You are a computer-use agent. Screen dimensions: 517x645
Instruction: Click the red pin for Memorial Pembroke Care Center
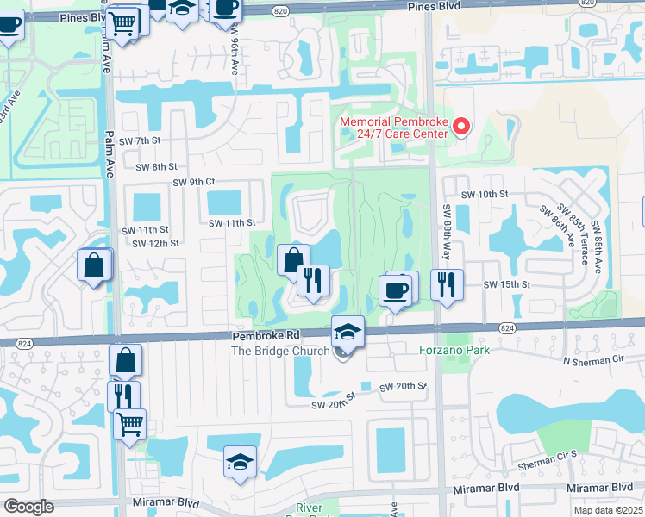tap(460, 128)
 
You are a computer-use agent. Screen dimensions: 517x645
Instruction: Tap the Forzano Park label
tap(454, 350)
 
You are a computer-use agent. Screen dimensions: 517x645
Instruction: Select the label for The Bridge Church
tap(280, 351)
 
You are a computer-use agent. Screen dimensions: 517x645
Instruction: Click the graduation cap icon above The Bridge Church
tap(348, 333)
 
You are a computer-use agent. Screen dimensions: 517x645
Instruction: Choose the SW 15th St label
tap(504, 284)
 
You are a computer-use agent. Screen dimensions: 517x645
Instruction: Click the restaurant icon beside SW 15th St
tap(447, 284)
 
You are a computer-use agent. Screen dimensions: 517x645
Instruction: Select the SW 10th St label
tap(485, 195)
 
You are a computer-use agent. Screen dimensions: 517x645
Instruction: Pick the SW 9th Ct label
tap(193, 182)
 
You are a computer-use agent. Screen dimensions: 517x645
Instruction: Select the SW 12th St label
tap(155, 243)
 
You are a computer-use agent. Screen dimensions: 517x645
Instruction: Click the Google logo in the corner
tap(28, 508)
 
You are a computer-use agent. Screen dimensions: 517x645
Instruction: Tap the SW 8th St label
tap(155, 166)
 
